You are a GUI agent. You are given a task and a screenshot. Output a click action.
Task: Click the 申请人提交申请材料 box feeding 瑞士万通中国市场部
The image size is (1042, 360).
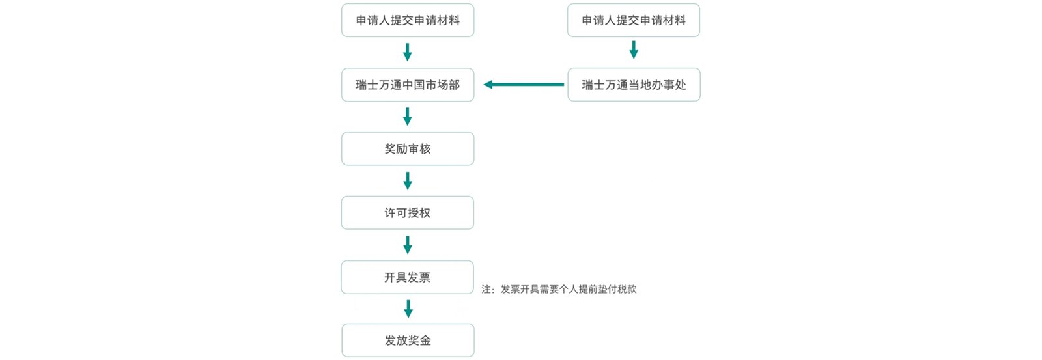tap(408, 20)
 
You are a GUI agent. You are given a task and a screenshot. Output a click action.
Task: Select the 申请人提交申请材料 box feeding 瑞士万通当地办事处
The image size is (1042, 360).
tap(634, 20)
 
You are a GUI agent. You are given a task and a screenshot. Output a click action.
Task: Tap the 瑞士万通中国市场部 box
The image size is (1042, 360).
tap(408, 85)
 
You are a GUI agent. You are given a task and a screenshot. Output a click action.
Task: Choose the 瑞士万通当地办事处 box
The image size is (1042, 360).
tap(634, 85)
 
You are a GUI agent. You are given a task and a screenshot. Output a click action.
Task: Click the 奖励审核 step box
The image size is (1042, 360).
tap(408, 148)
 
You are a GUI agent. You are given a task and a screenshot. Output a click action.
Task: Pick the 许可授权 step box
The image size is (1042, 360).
tap(408, 213)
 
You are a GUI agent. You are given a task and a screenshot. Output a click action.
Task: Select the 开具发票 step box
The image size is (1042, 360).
tap(408, 277)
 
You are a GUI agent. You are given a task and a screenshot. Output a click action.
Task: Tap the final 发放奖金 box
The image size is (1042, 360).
tap(408, 340)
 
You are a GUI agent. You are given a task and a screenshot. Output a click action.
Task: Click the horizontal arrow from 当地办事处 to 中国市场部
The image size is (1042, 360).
tap(524, 85)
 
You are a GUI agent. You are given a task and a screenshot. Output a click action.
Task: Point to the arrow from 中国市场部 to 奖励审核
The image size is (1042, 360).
tap(408, 117)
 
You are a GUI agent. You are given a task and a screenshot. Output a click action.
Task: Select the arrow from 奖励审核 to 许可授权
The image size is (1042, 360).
tap(408, 180)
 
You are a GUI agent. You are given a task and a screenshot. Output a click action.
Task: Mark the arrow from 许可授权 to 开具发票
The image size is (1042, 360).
tap(408, 245)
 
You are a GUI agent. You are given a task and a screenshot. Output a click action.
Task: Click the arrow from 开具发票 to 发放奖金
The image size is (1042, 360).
tap(408, 309)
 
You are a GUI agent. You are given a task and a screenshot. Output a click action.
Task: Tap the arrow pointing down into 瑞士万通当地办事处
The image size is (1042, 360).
tap(634, 50)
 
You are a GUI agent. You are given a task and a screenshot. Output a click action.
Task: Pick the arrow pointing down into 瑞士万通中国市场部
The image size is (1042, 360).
tap(408, 52)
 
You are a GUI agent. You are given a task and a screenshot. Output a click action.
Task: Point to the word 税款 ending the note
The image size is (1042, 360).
tap(627, 290)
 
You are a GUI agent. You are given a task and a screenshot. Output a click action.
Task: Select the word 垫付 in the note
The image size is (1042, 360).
tap(597, 290)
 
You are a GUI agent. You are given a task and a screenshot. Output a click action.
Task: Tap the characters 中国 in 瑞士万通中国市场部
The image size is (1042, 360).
tap(414, 85)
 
